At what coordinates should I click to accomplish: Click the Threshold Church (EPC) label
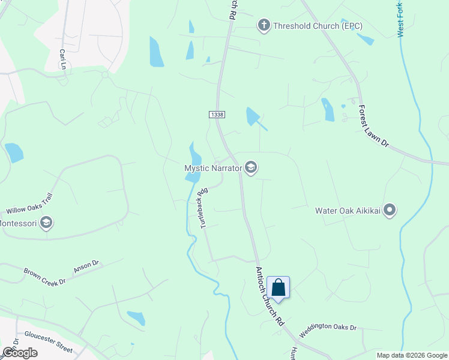point(318,26)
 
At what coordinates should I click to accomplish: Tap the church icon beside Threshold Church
point(263,25)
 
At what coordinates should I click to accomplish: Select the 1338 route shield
point(217,114)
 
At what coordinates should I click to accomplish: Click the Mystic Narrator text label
point(212,169)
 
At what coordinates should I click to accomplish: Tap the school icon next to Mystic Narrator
point(251,169)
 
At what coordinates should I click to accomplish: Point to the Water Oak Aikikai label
point(348,211)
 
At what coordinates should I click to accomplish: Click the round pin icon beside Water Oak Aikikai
point(390,210)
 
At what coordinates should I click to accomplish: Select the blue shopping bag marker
point(278,287)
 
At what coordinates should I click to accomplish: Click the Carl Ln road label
point(62,59)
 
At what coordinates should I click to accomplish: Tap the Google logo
point(20,353)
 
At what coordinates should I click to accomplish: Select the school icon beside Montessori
point(46,224)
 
